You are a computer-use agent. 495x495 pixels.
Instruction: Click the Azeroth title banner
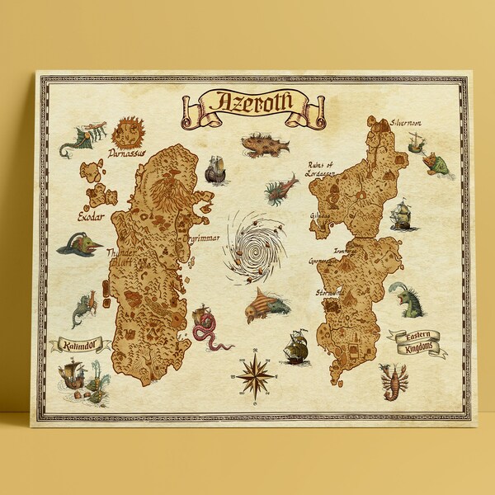[x=245, y=103]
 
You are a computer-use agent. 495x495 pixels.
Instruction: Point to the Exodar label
[x=92, y=218]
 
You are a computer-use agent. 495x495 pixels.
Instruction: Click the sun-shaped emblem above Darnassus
[x=129, y=130]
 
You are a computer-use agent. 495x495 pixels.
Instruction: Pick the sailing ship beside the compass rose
[x=295, y=348]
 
